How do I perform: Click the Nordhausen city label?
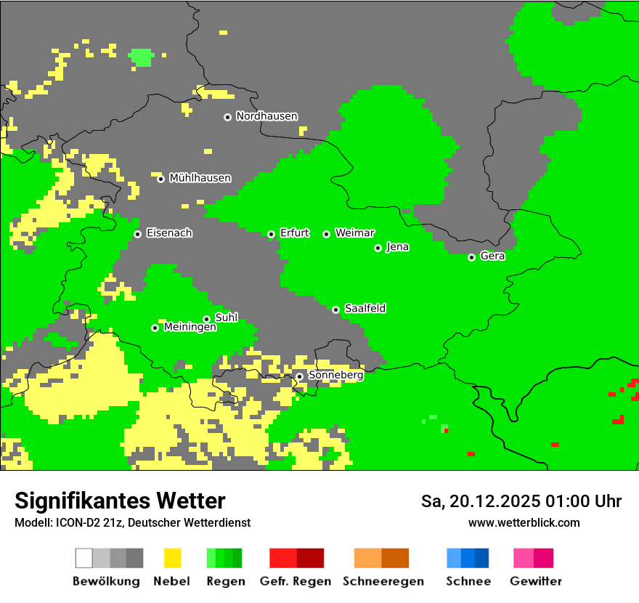(x=266, y=116)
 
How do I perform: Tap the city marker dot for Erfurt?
(x=271, y=234)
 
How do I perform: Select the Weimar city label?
(x=354, y=233)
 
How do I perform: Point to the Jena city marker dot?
(x=378, y=248)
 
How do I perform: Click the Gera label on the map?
(x=492, y=256)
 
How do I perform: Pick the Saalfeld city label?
(x=365, y=309)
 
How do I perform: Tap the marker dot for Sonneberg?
(x=299, y=376)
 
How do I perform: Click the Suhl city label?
(x=226, y=317)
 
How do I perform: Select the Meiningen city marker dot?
(x=155, y=328)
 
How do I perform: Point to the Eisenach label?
(x=169, y=233)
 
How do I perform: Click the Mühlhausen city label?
(x=200, y=178)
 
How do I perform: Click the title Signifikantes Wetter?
(x=120, y=501)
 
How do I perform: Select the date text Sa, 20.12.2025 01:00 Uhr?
(x=521, y=501)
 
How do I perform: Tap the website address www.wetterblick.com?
(x=524, y=522)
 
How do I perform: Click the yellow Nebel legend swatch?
(x=172, y=558)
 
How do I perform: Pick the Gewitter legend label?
(x=536, y=581)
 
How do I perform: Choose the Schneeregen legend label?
(x=383, y=581)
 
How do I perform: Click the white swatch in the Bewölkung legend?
(x=84, y=558)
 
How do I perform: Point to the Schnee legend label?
(x=468, y=581)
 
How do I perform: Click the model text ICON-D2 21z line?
(x=132, y=522)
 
